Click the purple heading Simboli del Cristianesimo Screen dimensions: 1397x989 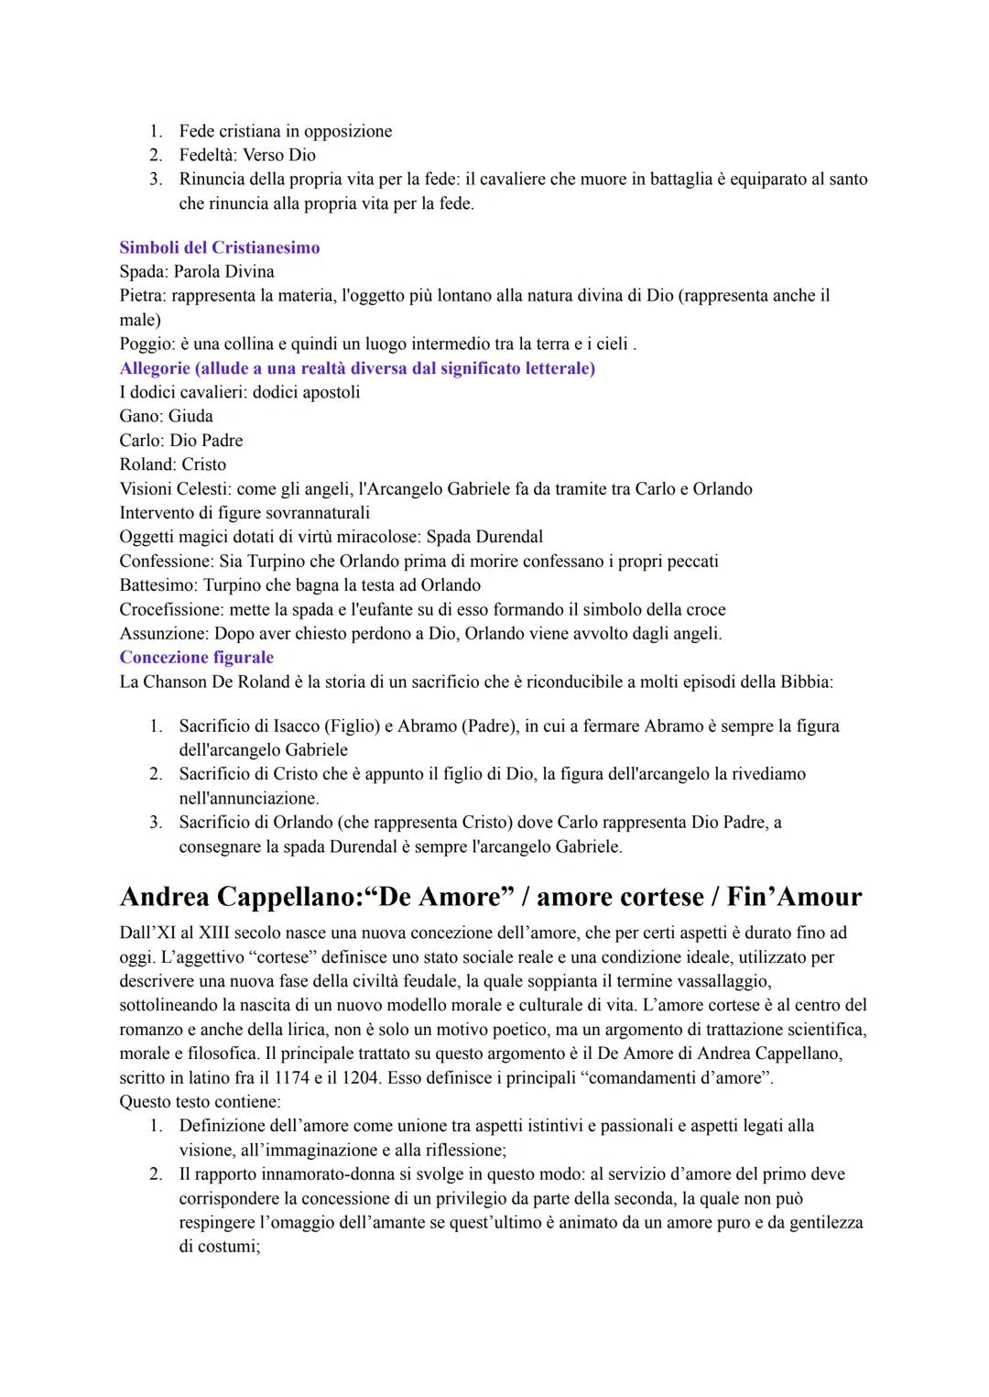[220, 247]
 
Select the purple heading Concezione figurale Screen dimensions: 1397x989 [196, 657]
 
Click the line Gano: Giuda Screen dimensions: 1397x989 [166, 416]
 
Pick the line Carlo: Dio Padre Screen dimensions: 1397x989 [181, 440]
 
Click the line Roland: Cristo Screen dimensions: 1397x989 [172, 464]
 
